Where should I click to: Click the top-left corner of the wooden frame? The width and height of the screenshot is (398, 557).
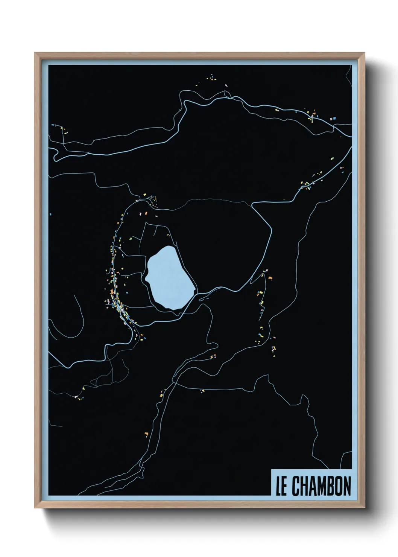[x=35, y=53]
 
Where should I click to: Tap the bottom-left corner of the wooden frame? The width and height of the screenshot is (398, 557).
[x=35, y=507]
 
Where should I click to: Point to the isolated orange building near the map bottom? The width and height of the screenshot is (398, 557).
[x=146, y=435]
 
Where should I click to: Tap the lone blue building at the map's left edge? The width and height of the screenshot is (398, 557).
[x=50, y=214]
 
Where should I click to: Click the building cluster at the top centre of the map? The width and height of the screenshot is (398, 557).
[x=211, y=79]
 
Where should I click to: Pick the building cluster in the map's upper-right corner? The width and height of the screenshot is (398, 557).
[x=312, y=114]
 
